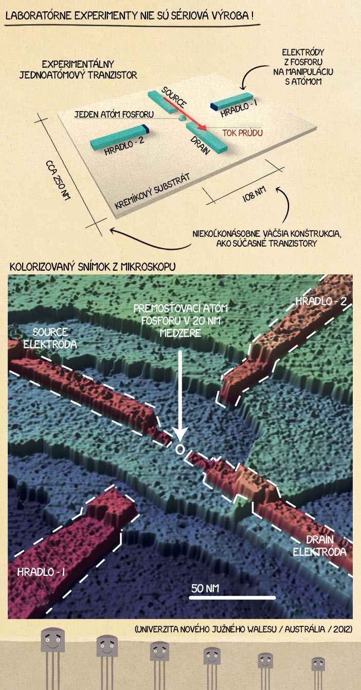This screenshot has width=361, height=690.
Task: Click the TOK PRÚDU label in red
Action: (x=243, y=133)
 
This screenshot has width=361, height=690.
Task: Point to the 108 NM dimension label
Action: (x=254, y=194)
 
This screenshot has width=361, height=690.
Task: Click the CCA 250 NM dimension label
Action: (x=58, y=180)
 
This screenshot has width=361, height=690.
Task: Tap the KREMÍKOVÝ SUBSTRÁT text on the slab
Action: (x=152, y=192)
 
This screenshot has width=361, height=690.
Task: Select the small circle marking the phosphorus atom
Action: (x=179, y=450)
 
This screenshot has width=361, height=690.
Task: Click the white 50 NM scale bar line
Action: (x=232, y=598)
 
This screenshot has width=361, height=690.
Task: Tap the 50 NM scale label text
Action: (x=205, y=588)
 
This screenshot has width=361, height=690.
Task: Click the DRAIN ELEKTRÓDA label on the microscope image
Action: (x=319, y=546)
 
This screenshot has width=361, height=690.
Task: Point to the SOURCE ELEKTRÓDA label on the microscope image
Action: (x=50, y=338)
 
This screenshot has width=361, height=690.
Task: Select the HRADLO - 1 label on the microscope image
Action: (x=41, y=572)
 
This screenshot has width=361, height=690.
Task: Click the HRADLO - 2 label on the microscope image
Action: (x=321, y=301)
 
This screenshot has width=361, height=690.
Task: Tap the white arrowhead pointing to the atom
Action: (x=180, y=436)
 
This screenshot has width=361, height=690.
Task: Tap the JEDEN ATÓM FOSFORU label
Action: (x=114, y=114)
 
